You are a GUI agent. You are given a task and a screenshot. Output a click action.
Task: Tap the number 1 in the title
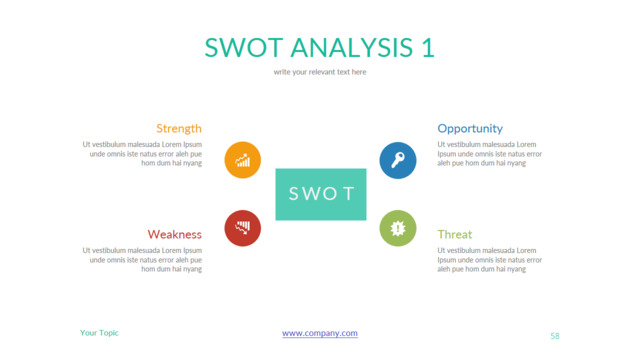[427, 47]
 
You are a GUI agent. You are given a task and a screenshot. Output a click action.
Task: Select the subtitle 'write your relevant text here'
[320, 72]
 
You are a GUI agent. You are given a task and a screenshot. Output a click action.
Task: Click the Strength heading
[179, 128]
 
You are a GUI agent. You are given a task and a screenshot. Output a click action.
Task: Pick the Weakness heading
[175, 234]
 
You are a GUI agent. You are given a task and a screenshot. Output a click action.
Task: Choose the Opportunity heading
[470, 128]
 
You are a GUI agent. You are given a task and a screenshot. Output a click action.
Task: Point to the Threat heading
[454, 234]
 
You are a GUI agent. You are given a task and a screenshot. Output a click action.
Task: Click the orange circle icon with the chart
[243, 160]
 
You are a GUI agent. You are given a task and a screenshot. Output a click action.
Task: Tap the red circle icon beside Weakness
[243, 228]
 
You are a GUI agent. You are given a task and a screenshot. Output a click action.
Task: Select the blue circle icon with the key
[398, 160]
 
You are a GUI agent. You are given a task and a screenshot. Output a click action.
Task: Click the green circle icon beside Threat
[398, 228]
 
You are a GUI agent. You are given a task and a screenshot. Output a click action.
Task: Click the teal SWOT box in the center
[321, 194]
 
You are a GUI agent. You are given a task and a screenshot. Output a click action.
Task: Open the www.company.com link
[320, 333]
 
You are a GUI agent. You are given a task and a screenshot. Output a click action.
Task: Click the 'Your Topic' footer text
[99, 332]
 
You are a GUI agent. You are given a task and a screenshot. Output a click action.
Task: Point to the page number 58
[555, 336]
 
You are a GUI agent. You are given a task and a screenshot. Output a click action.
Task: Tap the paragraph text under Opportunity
[489, 153]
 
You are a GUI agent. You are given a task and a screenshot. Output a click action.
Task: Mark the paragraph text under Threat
[489, 259]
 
